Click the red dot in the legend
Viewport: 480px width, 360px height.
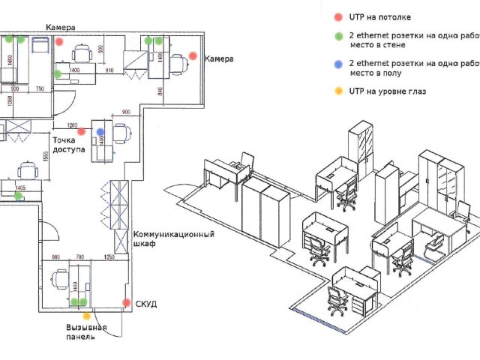click(338, 16)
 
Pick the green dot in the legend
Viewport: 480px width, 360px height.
click(338, 35)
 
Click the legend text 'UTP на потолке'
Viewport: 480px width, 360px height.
click(380, 16)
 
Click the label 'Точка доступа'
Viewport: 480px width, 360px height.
click(67, 145)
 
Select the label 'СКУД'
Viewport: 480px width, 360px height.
click(145, 303)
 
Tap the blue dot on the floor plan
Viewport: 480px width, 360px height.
click(100, 132)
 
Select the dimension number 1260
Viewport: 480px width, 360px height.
click(73, 124)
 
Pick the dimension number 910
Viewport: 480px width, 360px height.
click(109, 70)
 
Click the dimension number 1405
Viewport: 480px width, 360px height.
click(20, 188)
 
